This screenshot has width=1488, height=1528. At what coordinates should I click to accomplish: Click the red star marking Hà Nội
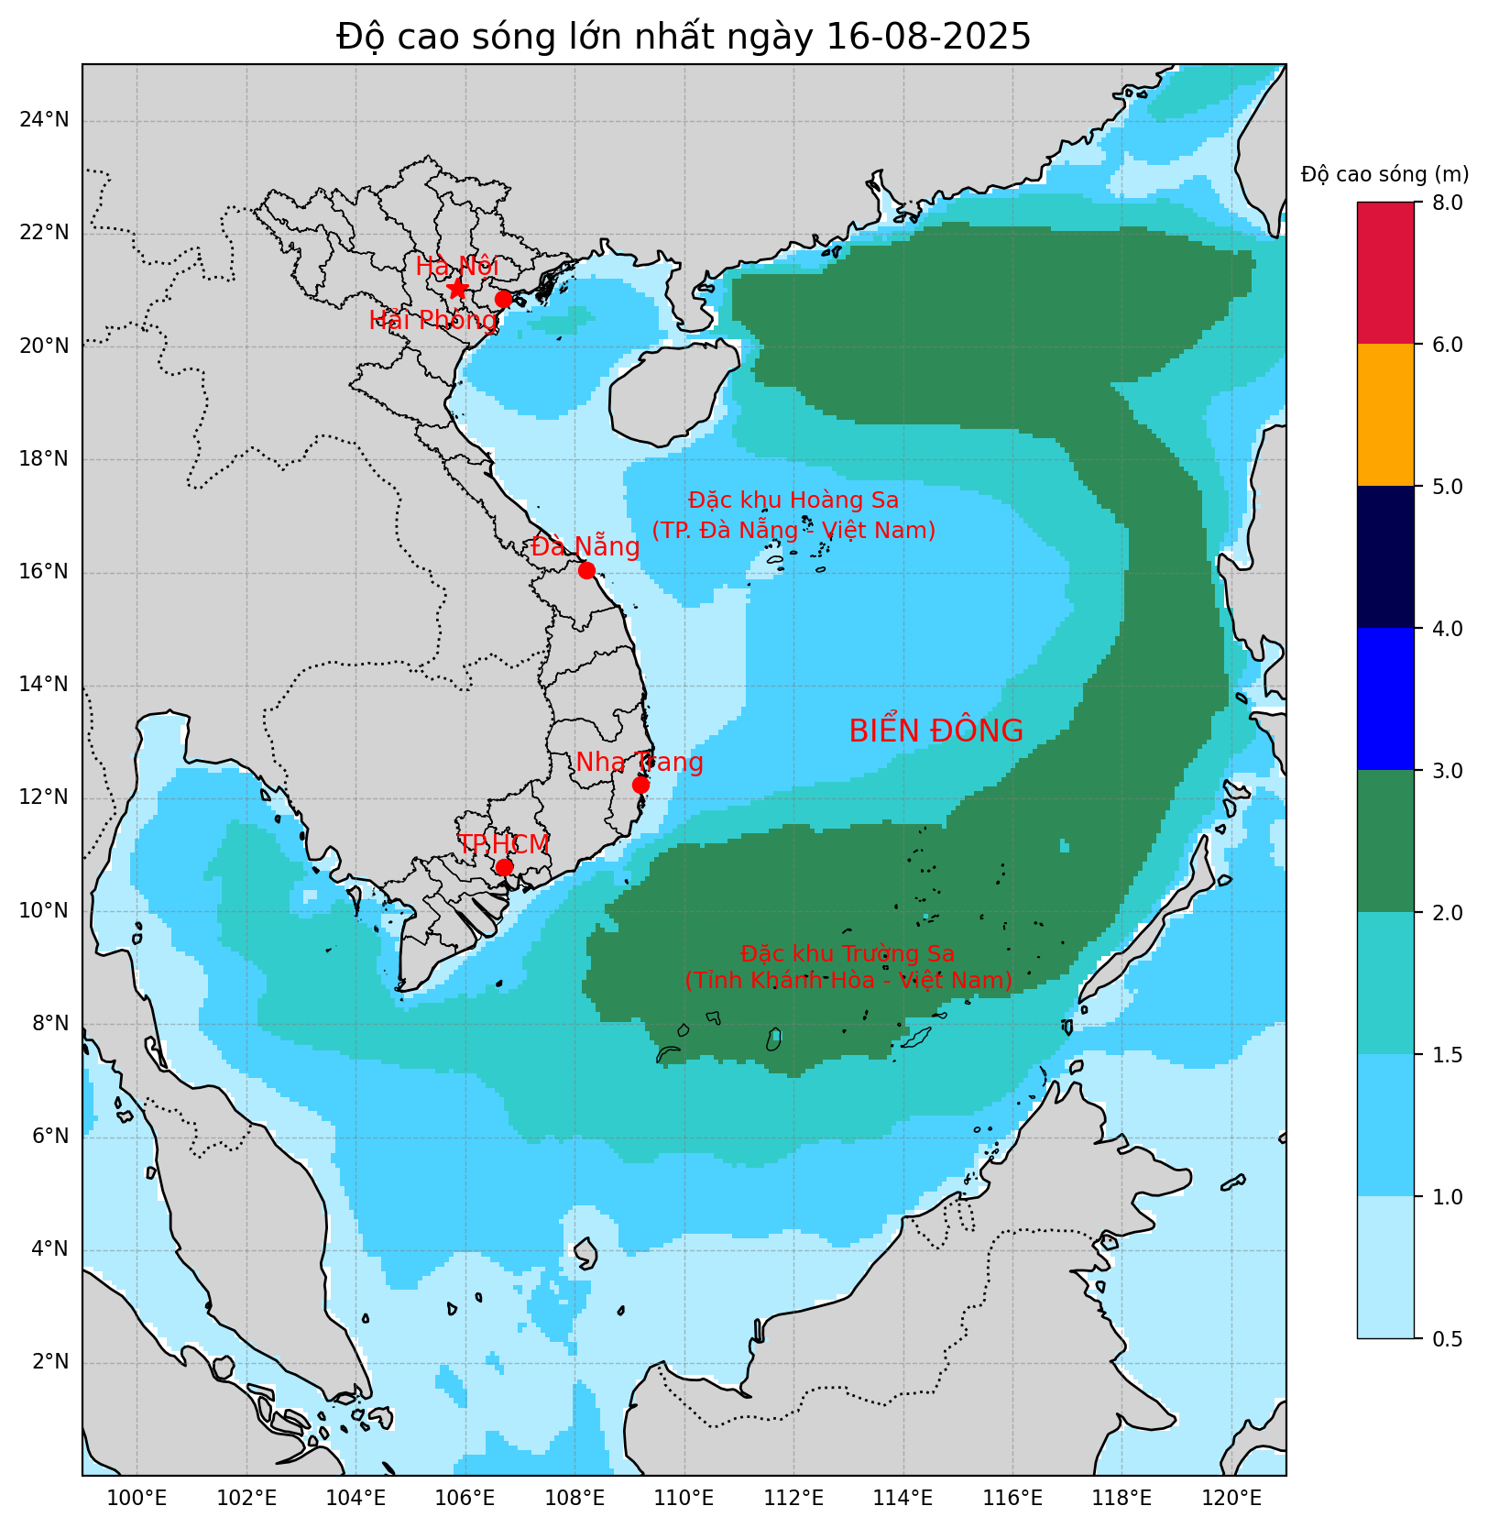[x=457, y=289]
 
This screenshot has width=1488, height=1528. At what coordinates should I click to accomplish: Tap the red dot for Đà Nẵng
[x=586, y=570]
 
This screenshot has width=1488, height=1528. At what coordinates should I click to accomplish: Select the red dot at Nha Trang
[x=640, y=785]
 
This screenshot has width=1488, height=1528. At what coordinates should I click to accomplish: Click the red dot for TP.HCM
[x=504, y=867]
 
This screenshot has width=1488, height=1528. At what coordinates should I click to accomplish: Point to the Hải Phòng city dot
[x=503, y=299]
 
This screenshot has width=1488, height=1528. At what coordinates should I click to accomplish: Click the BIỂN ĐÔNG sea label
[x=935, y=731]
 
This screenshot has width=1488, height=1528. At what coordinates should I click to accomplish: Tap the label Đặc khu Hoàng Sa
[x=793, y=500]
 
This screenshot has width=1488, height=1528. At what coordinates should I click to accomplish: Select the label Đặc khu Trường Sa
[x=848, y=954]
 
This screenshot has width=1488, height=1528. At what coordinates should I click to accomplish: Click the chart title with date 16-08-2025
[x=684, y=37]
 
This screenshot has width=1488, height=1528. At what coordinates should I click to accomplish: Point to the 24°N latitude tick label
[x=44, y=120]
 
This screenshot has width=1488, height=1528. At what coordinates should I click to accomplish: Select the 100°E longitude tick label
[x=137, y=1500]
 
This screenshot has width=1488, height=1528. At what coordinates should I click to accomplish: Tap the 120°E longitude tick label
[x=1231, y=1500]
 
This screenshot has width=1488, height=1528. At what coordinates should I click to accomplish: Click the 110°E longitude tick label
[x=684, y=1500]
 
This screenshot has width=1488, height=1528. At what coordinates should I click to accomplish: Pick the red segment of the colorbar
[x=1385, y=273]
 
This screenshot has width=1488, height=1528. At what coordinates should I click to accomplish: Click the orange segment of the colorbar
[x=1385, y=415]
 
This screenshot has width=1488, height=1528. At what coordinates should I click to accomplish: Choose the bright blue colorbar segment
[x=1385, y=699]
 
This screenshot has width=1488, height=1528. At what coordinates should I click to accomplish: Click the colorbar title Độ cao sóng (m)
[x=1384, y=174]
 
